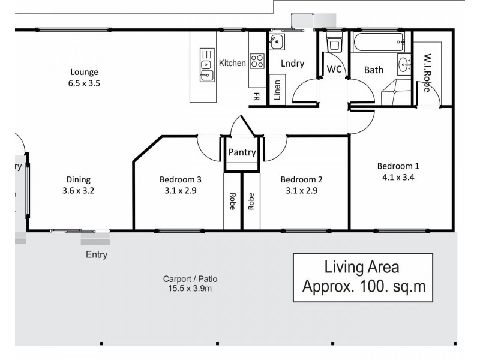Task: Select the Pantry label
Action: (x=242, y=152)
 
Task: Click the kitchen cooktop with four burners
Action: (x=257, y=60)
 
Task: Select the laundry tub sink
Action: (x=277, y=43)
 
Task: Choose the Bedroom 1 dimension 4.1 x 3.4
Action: (x=398, y=177)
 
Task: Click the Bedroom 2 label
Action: (x=302, y=179)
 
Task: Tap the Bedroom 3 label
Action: (x=181, y=179)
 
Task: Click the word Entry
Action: (x=97, y=254)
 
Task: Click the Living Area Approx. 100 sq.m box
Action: (x=362, y=277)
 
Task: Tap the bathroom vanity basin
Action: (x=403, y=63)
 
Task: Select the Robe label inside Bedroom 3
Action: (x=232, y=201)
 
